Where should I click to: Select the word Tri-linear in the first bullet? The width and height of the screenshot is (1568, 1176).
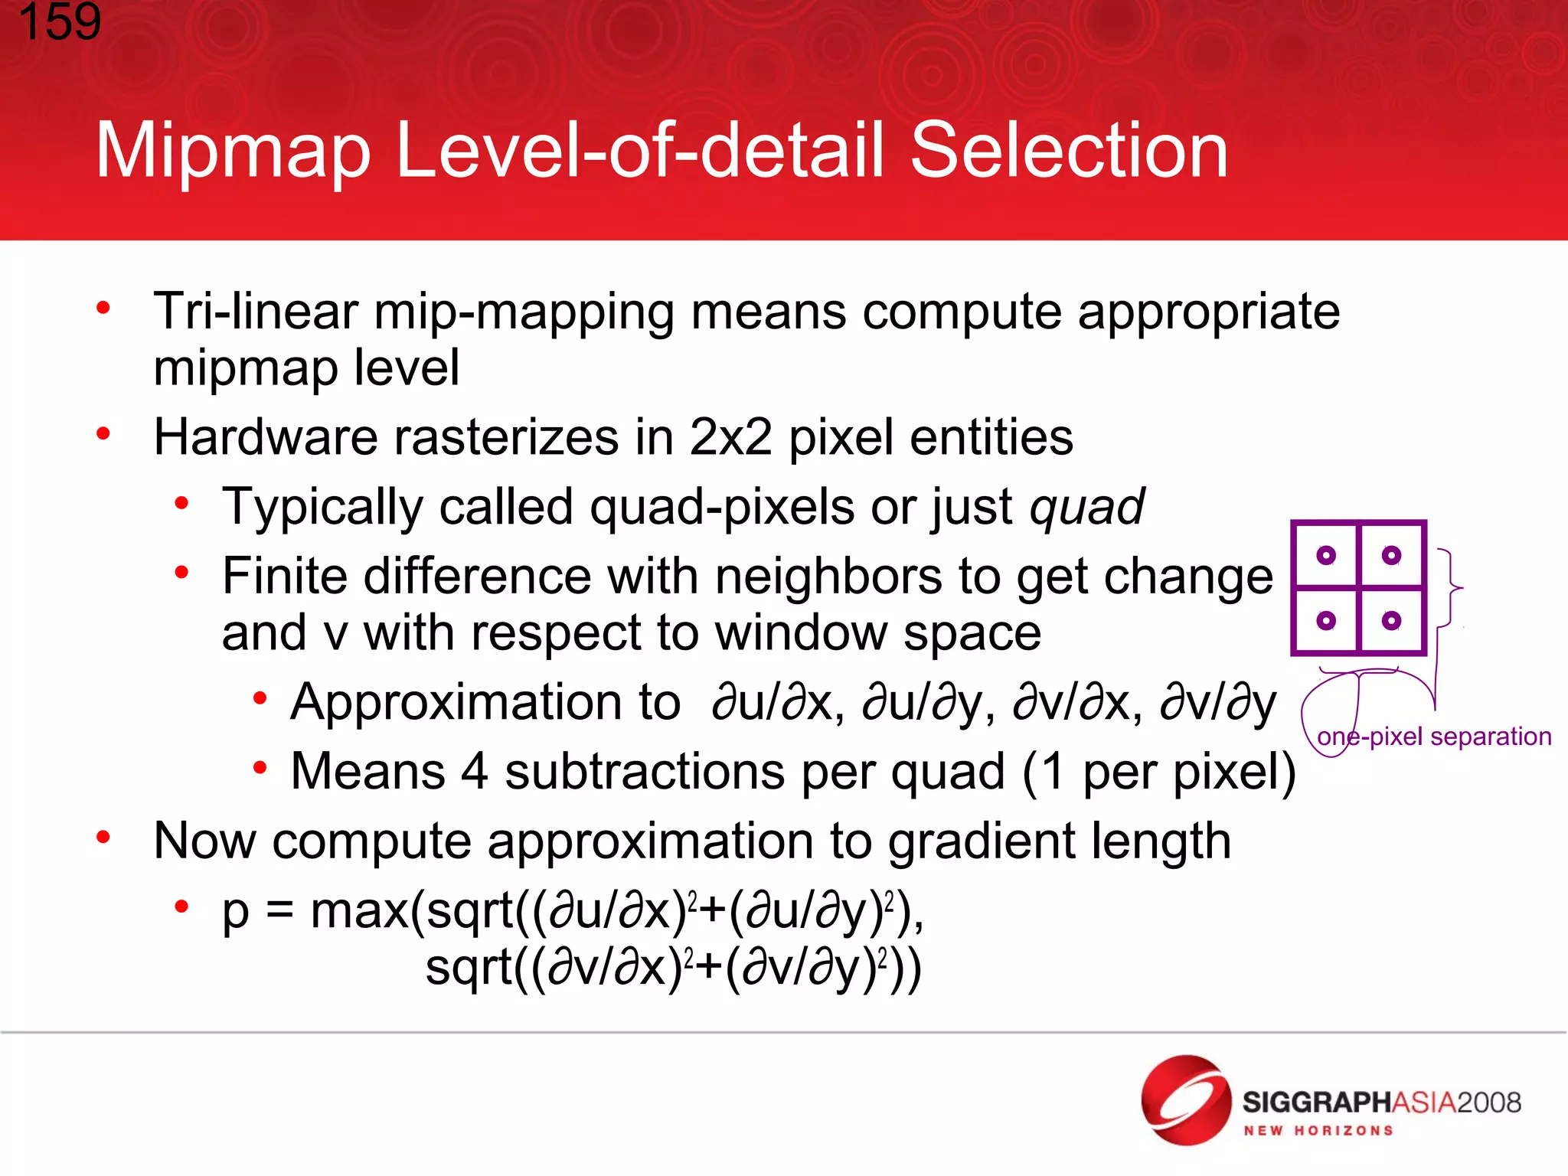(x=256, y=312)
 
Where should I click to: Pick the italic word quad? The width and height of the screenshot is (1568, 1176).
(x=1087, y=507)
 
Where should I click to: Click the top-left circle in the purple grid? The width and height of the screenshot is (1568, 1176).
(x=1327, y=555)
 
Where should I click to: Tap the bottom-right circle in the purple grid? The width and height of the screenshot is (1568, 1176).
(x=1392, y=620)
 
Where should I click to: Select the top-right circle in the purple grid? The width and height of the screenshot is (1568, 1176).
(x=1392, y=555)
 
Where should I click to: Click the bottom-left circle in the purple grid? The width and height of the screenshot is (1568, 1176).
(x=1327, y=620)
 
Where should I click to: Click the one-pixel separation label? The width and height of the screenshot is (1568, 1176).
(x=1434, y=737)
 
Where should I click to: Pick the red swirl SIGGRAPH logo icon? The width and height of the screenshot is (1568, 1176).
(x=1185, y=1100)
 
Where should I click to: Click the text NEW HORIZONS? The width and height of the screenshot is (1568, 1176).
(x=1318, y=1131)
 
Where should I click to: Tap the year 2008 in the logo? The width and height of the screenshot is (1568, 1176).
(x=1488, y=1102)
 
